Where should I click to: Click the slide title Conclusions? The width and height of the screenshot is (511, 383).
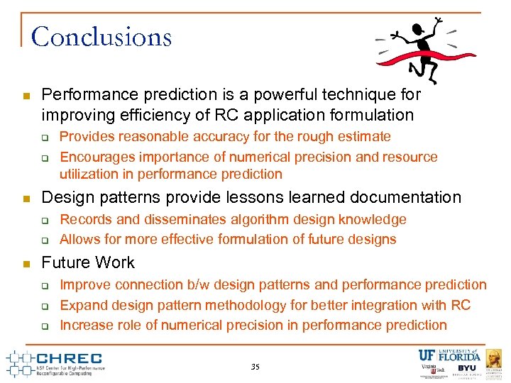(101, 36)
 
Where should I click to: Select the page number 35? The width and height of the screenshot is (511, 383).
(255, 367)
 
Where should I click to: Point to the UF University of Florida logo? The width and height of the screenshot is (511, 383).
(449, 355)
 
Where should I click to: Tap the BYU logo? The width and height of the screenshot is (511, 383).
(467, 369)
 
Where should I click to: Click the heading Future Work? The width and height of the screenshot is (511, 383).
(88, 262)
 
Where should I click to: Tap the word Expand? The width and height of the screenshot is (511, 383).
(82, 305)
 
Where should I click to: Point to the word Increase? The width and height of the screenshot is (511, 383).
(85, 325)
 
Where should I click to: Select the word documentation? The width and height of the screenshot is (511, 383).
(404, 197)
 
